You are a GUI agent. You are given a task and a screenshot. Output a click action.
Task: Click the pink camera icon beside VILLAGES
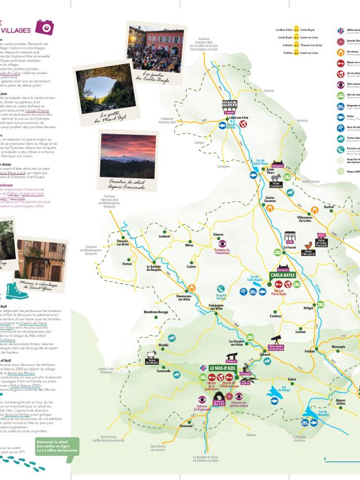point(44,26)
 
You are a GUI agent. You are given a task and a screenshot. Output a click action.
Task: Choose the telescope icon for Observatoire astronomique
point(277,340)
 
